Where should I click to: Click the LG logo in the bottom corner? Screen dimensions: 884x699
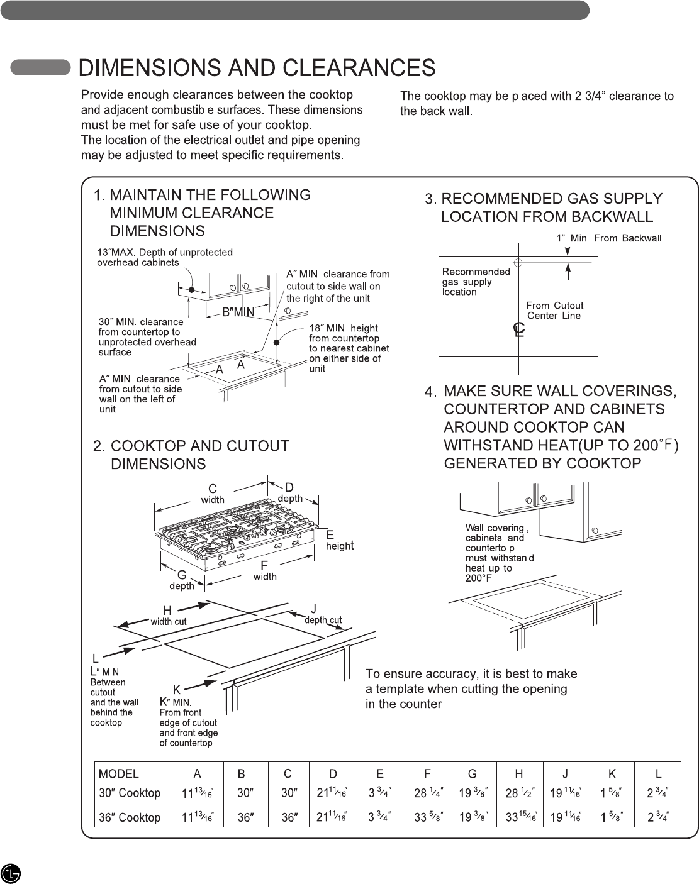coord(11,873)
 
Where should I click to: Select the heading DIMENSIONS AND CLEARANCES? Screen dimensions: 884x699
coord(257,68)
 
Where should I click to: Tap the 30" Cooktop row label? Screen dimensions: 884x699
coord(130,793)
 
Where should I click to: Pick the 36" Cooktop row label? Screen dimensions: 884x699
coord(130,817)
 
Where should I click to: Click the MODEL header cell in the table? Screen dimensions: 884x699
coord(119,773)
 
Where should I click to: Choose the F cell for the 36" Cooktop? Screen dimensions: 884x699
coord(428,817)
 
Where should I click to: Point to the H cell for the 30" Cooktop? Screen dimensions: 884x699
coord(520,793)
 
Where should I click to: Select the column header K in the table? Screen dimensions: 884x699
coord(612,773)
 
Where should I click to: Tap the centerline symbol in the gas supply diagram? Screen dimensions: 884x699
coord(518,329)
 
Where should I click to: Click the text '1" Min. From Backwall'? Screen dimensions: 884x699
coord(608,238)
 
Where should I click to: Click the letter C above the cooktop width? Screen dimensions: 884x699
coord(213,489)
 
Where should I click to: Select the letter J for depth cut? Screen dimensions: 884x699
coord(314,609)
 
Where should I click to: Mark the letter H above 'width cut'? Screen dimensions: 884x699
coord(167,611)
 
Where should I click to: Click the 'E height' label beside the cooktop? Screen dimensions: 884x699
coord(338,541)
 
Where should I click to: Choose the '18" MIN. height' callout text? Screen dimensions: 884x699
coord(344,328)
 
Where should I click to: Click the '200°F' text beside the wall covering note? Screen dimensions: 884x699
coord(478,578)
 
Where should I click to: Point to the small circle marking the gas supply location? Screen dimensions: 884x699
coord(518,262)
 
